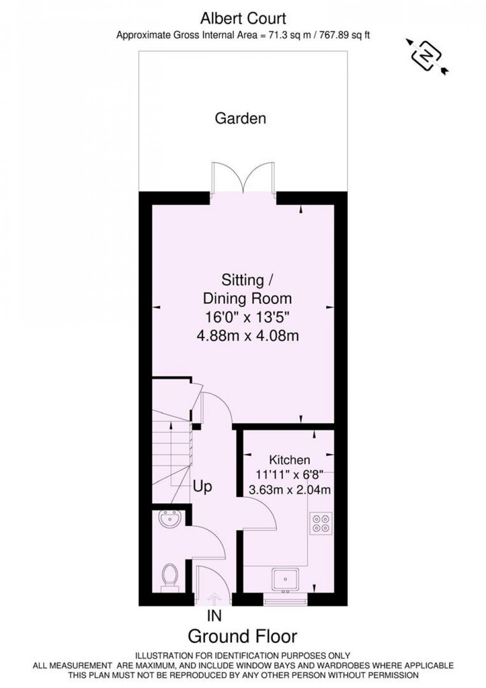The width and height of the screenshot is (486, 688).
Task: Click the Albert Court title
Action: pos(243,18)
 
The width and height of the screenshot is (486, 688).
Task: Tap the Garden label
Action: pos(241,119)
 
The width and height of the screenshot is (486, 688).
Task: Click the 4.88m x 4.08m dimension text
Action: pos(248,335)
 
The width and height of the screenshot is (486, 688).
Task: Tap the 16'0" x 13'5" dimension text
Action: pos(247,317)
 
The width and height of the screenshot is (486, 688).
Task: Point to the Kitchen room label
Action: pos(290,460)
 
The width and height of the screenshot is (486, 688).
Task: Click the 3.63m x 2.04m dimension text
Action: pos(290,490)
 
